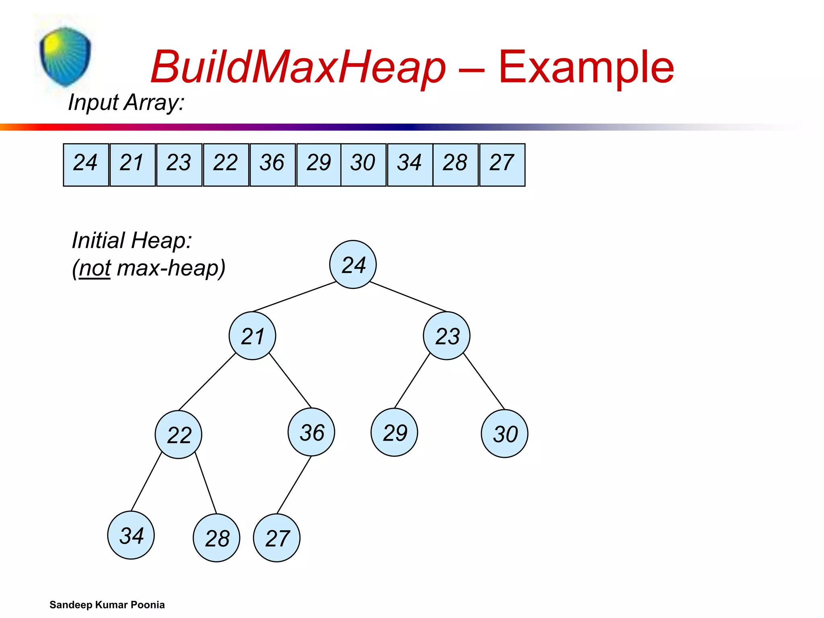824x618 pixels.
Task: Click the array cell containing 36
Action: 272,165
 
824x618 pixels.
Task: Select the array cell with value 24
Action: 86,165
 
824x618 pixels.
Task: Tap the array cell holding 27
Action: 502,165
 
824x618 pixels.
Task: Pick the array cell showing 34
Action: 410,165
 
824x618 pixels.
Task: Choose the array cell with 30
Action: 363,165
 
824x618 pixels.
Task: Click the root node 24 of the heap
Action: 353,264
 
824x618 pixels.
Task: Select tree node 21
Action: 252,336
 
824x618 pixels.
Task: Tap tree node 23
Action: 447,336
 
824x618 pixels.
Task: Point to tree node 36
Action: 311,432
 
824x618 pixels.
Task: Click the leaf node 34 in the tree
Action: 131,535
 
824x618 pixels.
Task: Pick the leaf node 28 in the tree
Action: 216,538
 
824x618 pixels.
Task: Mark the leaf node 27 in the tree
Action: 277,538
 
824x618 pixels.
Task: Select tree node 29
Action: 394,432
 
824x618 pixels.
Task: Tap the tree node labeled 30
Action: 505,433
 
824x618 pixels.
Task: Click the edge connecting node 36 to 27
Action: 294,485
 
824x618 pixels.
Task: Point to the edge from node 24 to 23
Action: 408,297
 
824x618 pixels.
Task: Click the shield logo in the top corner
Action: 65,56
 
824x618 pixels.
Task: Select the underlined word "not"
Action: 95,268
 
